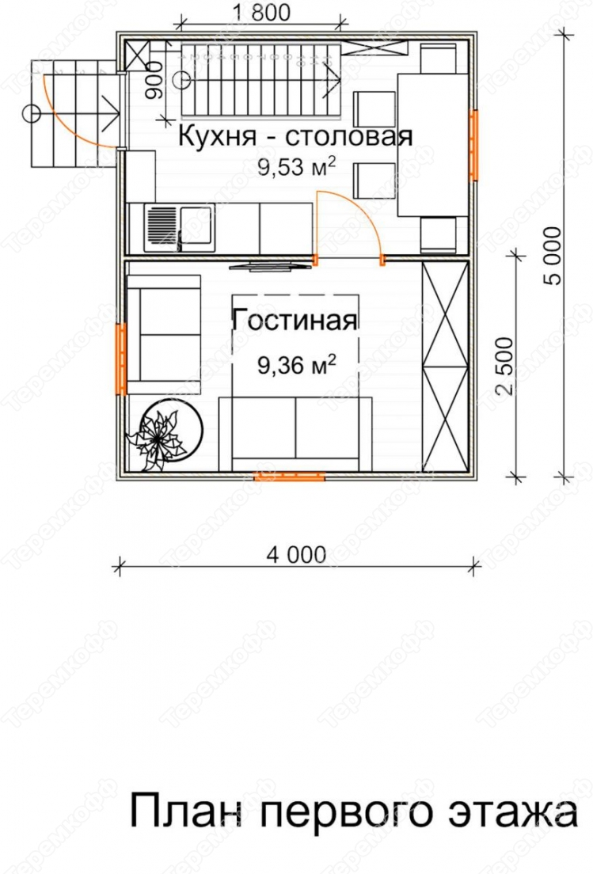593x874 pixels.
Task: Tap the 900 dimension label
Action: (154, 81)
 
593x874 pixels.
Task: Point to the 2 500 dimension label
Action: (504, 366)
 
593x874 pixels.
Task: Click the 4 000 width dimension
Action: (296, 555)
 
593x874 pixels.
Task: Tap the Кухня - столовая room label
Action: (295, 136)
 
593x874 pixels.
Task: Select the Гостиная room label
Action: (295, 321)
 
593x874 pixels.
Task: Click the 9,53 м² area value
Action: (296, 166)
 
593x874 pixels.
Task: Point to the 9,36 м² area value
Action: (296, 365)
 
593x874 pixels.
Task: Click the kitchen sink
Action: (180, 227)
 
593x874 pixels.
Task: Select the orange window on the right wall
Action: (473, 146)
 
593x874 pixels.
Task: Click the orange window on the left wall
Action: (121, 359)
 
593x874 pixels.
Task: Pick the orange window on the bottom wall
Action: (289, 476)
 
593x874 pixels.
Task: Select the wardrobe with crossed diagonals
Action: (445, 366)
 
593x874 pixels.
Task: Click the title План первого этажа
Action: (353, 811)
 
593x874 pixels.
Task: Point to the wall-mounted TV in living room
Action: (272, 267)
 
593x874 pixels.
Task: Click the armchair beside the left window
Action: (164, 335)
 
